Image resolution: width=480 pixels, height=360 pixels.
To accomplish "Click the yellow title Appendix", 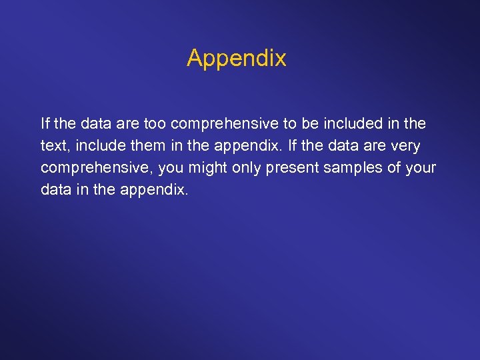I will click(237, 59).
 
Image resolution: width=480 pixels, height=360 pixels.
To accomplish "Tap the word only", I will click(247, 168).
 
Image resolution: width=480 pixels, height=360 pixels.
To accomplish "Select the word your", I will click(420, 168).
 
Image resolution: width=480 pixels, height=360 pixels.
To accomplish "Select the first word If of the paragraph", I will click(45, 124).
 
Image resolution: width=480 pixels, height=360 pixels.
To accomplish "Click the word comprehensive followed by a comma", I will click(97, 168).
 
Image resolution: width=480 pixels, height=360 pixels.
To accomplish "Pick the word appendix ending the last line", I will click(154, 190).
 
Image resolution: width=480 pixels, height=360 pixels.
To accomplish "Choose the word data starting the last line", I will click(55, 190).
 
